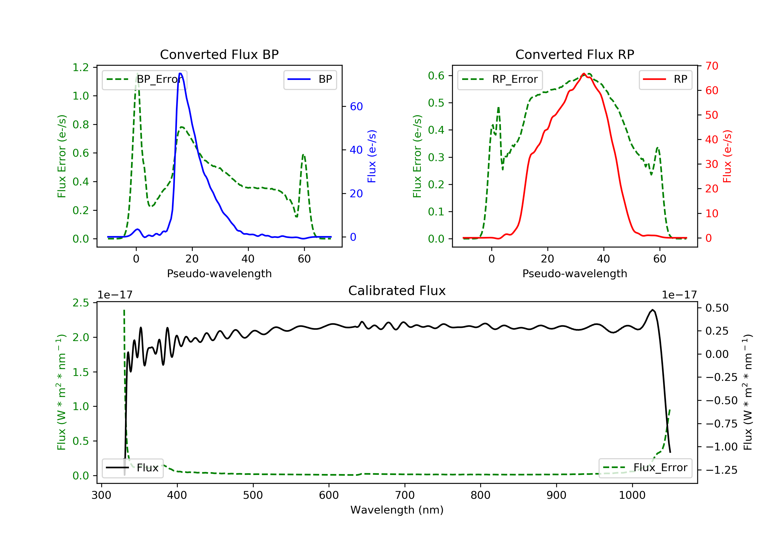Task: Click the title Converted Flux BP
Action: tap(219, 54)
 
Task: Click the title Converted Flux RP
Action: tap(575, 54)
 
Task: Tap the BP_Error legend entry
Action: tap(144, 79)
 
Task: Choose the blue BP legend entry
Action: tap(310, 79)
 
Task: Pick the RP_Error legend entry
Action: tap(500, 79)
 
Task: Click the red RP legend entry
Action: tap(665, 79)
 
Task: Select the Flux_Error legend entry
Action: tap(645, 468)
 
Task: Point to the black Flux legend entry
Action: tap(132, 468)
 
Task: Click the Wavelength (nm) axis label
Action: tap(397, 510)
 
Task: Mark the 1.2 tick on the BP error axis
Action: tap(81, 67)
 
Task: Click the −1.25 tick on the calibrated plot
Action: tap(721, 470)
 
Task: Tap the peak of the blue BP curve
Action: tap(180, 73)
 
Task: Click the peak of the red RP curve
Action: tap(584, 73)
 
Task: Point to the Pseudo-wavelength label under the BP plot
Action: tap(219, 273)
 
